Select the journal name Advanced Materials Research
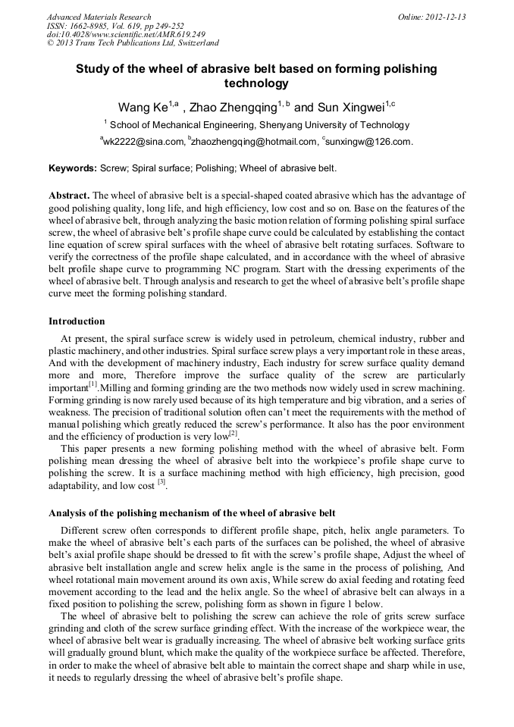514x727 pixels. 99,17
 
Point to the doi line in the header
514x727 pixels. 125,34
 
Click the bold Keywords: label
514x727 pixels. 73,168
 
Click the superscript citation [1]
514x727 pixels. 94,384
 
